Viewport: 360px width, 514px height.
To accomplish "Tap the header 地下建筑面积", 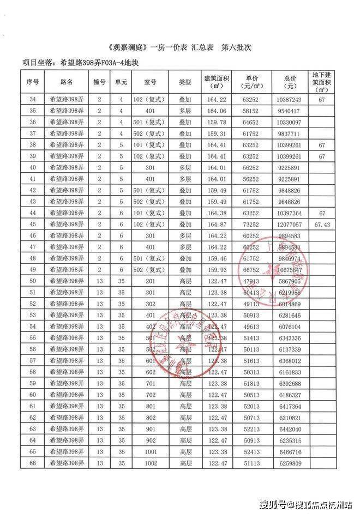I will click(x=322, y=82).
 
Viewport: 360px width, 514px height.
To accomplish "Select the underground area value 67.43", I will click(x=322, y=225).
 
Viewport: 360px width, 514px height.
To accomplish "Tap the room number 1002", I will click(x=151, y=463).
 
